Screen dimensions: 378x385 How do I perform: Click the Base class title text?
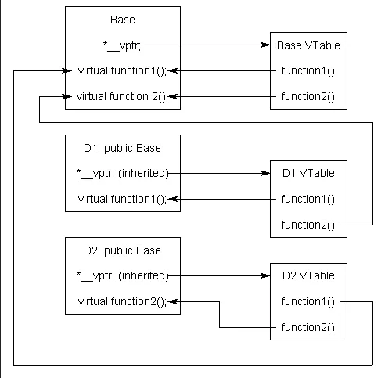pyautogui.click(x=122, y=19)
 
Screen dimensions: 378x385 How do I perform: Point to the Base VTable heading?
pyautogui.click(x=308, y=45)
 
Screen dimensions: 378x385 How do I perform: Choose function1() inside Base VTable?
pyautogui.click(x=308, y=70)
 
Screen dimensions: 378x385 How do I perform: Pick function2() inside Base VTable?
pyautogui.click(x=308, y=96)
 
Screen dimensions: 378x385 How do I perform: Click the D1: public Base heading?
pyautogui.click(x=122, y=147)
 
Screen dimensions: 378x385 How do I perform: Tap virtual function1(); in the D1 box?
pyautogui.click(x=123, y=199)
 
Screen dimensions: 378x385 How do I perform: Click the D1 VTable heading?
pyautogui.click(x=308, y=173)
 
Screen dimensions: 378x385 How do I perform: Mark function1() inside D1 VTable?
pyautogui.click(x=308, y=199)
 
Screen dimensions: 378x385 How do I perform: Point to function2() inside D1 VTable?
pyautogui.click(x=308, y=225)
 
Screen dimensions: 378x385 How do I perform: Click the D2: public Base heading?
pyautogui.click(x=122, y=250)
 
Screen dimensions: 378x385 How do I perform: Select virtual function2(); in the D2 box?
pyautogui.click(x=123, y=301)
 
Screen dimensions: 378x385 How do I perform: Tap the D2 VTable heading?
pyautogui.click(x=308, y=275)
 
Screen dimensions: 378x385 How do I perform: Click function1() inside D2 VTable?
pyautogui.click(x=308, y=301)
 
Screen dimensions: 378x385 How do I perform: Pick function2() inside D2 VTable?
pyautogui.click(x=308, y=327)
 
